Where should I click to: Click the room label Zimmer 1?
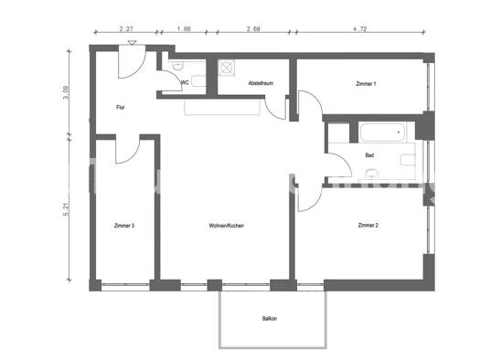point(367,84)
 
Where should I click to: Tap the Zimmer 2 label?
point(368,225)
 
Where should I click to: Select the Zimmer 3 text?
point(124,225)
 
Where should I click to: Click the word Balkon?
point(270,318)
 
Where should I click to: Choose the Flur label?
point(120,108)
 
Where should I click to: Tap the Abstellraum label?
point(261,84)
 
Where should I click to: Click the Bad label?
point(369,155)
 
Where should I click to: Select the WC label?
point(185,84)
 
